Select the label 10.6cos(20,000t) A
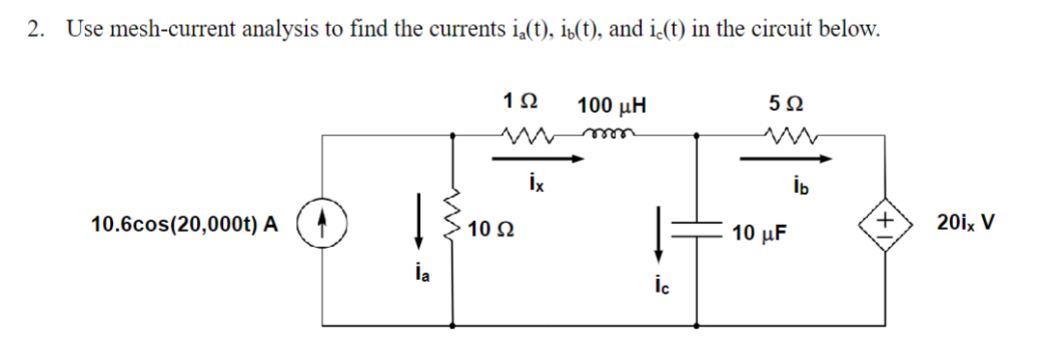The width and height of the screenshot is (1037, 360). [x=183, y=226]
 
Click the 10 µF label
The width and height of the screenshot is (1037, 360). [x=762, y=232]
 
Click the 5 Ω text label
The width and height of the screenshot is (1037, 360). [x=789, y=102]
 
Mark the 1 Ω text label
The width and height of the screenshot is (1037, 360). [x=521, y=102]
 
